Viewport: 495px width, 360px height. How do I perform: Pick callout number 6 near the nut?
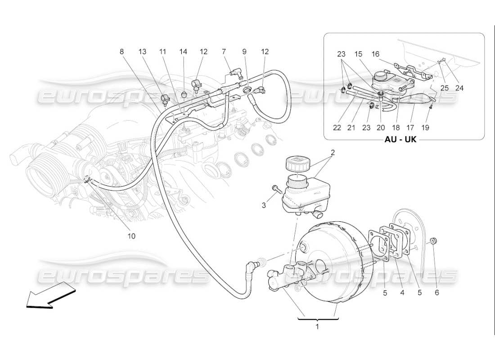coord(436,293)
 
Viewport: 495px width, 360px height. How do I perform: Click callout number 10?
coord(132,235)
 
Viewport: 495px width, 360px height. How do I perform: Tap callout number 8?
coord(121,52)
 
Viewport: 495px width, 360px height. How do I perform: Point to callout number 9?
coord(245,52)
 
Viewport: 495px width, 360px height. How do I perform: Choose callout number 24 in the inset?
coord(459,88)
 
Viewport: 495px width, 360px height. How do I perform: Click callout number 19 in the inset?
coord(425,128)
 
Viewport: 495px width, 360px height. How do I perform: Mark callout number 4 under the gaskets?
coord(402,293)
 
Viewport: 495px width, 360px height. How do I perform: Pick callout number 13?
coord(143,52)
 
